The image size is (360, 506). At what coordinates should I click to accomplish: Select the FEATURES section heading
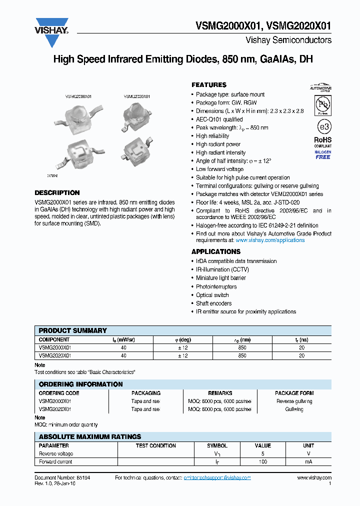(209, 85)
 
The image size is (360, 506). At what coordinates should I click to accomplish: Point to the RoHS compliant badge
(322, 142)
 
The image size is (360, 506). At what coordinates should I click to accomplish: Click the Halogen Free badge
(322, 154)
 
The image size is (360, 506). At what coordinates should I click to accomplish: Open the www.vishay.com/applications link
(270, 240)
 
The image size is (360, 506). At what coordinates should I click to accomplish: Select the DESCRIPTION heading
(57, 193)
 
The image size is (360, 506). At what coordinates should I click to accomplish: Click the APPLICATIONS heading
(216, 251)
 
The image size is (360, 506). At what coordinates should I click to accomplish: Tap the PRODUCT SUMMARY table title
(72, 330)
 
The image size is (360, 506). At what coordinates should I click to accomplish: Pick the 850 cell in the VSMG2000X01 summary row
(242, 347)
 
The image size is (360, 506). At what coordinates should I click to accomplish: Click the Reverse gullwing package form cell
(294, 401)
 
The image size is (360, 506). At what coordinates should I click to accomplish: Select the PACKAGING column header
(145, 393)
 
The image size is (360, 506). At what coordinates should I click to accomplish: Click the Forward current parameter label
(55, 461)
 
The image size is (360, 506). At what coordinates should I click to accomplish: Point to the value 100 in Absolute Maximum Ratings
(262, 461)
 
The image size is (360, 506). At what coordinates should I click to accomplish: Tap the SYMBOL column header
(217, 445)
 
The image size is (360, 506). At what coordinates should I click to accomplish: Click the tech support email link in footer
(217, 478)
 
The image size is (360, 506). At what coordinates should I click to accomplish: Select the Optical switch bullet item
(212, 295)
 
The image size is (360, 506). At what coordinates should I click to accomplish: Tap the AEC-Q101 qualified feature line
(219, 119)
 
